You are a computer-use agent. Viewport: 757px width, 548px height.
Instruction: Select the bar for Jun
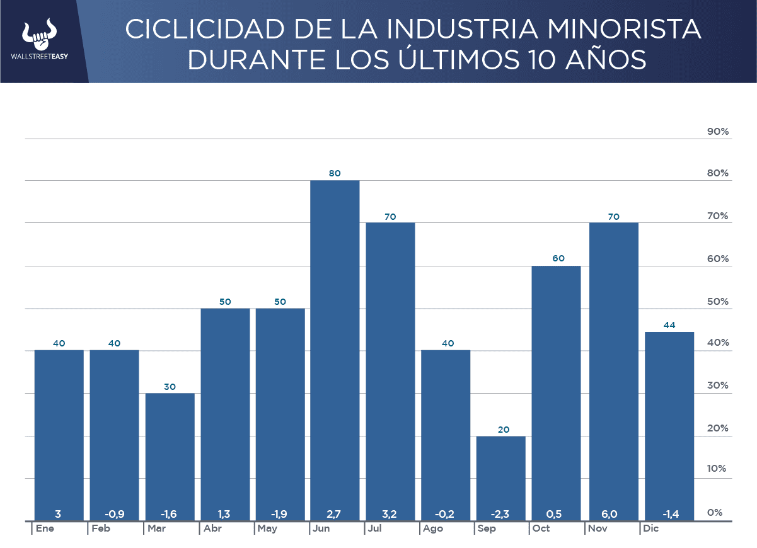click(334, 350)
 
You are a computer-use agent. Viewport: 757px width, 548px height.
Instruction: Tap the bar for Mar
click(170, 456)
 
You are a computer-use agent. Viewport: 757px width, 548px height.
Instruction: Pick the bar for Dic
click(669, 425)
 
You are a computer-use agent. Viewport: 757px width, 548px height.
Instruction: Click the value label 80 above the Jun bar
click(334, 173)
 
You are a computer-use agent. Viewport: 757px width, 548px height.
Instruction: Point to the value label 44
click(669, 325)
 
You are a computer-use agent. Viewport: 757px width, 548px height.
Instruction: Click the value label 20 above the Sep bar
click(500, 430)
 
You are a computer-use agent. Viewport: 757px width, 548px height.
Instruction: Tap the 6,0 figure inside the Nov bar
click(613, 514)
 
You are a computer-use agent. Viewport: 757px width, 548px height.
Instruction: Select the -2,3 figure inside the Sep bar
click(500, 514)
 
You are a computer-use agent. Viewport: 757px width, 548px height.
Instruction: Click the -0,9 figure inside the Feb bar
click(114, 514)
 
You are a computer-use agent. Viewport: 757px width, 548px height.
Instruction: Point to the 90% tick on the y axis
click(717, 132)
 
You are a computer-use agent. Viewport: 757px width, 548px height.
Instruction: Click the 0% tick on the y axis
click(714, 513)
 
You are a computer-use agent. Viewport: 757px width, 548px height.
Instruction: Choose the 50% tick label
click(717, 302)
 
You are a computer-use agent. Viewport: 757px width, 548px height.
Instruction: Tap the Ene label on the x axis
click(45, 528)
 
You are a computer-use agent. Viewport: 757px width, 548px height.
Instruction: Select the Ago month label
click(433, 528)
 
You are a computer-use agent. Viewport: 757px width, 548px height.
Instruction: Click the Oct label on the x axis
click(541, 528)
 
